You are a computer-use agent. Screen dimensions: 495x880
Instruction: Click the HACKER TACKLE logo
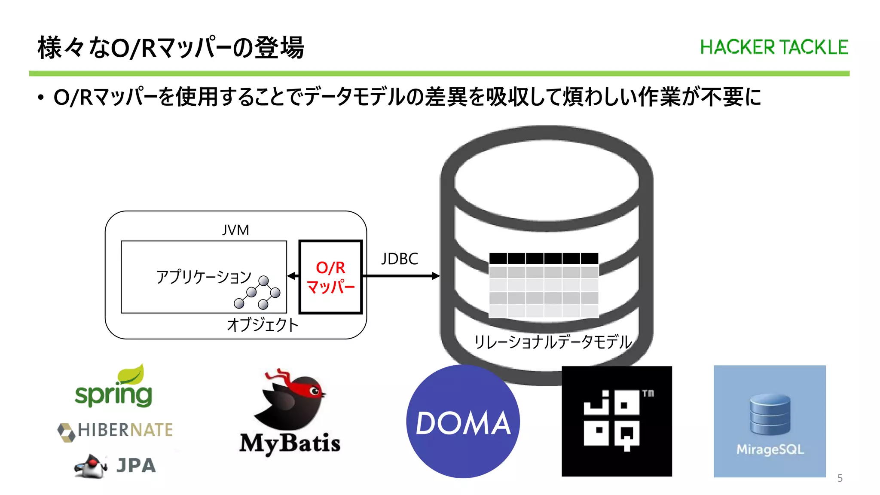[x=774, y=47]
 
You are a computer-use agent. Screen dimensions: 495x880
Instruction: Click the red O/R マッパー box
[x=330, y=277]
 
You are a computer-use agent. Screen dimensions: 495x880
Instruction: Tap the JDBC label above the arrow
[x=399, y=259]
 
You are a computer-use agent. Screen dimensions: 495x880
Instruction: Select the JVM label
[x=235, y=230]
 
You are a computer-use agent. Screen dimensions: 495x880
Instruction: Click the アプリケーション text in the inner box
[x=203, y=277]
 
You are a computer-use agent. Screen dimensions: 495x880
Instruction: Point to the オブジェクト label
[x=262, y=325]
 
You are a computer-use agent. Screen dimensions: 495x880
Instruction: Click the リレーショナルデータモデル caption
[x=552, y=342]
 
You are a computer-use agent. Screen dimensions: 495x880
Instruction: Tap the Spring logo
[x=114, y=389]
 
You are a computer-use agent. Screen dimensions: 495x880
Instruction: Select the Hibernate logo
[x=115, y=431]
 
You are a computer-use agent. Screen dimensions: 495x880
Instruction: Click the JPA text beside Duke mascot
[x=136, y=466]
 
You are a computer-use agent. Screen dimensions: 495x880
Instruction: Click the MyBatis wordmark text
[x=290, y=443]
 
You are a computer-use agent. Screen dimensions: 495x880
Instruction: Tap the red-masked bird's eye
[x=315, y=391]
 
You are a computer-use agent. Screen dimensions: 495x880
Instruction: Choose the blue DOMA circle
[x=463, y=422]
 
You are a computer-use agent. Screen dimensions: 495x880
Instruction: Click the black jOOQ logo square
[x=617, y=421]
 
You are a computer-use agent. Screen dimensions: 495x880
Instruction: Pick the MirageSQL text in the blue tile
[x=770, y=449]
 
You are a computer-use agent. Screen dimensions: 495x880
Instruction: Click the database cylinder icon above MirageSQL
[x=770, y=414]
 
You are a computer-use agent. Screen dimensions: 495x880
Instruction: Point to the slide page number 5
[x=840, y=478]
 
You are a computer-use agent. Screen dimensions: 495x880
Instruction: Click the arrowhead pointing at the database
[x=435, y=276]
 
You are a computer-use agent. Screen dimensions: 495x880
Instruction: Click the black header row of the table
[x=544, y=259]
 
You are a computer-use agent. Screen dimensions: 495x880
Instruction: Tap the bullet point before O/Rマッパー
[x=41, y=98]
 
